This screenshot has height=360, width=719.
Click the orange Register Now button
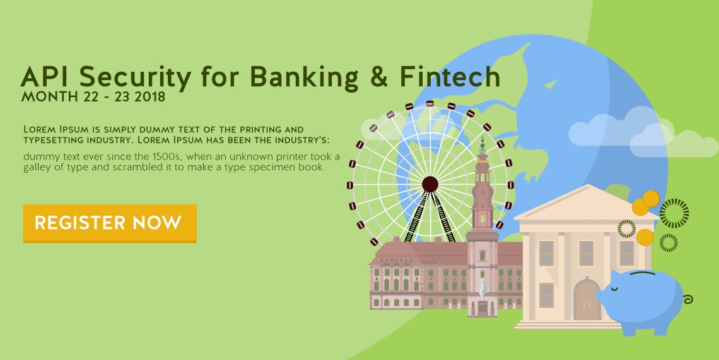[x=110, y=223]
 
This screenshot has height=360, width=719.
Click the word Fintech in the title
[x=449, y=76]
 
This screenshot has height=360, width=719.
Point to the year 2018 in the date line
[x=150, y=97]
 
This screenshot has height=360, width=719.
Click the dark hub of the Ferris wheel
[x=430, y=184]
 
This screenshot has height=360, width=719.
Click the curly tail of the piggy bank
[x=687, y=300]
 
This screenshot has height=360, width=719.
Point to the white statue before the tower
[x=482, y=289]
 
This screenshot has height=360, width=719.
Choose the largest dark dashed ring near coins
[x=674, y=213]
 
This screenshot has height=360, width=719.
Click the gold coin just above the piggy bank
[x=645, y=237]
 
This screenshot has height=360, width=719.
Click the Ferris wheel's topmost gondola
[x=430, y=103]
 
